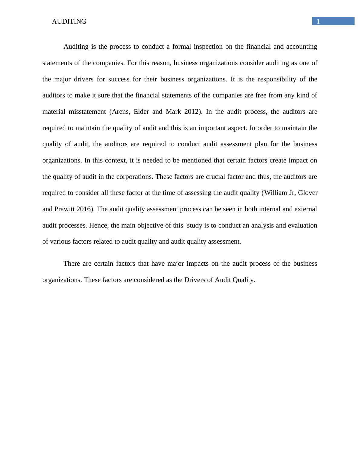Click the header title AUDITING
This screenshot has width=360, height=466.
coord(69,21)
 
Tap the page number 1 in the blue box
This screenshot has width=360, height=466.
coord(318,21)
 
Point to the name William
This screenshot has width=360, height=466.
coord(276,193)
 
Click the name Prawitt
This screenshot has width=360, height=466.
coord(64,209)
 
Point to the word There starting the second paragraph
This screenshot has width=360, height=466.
coord(72,264)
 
